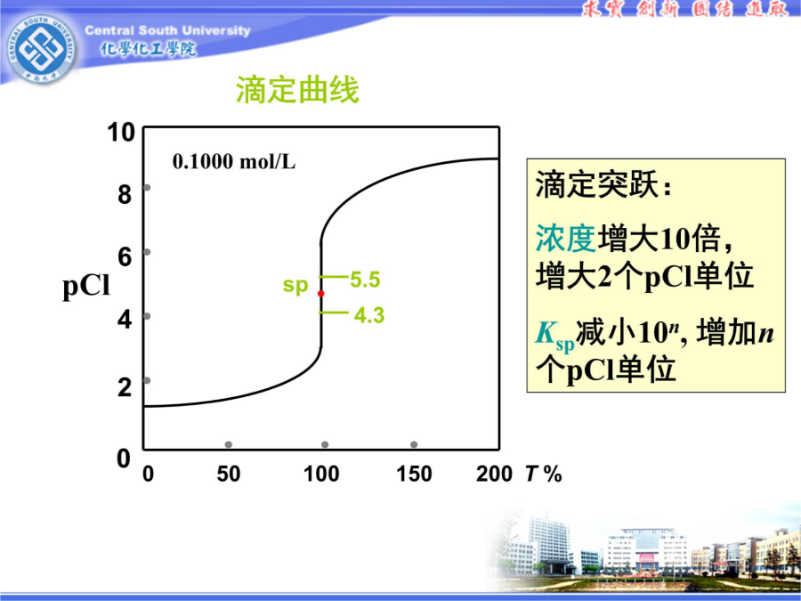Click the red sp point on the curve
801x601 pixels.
coord(320,293)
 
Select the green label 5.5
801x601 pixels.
coord(365,280)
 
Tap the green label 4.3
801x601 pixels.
coord(368,315)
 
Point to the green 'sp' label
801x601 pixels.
coord(295,285)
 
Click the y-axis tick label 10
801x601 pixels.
coord(121,133)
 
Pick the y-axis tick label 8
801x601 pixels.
coord(125,195)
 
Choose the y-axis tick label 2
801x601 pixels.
coord(125,387)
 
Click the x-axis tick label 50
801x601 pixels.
coord(229,474)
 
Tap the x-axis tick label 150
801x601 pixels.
coord(414,474)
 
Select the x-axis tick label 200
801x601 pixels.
coord(494,474)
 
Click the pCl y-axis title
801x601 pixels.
coord(86,287)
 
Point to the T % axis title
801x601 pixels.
coord(544,474)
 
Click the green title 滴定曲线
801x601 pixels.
coord(297,91)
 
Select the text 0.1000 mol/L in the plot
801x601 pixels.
coord(234,162)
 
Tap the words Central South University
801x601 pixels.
coord(167,30)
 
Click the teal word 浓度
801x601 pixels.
coord(565,238)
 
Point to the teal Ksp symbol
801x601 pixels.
coord(554,337)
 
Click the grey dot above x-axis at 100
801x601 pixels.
coord(325,444)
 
